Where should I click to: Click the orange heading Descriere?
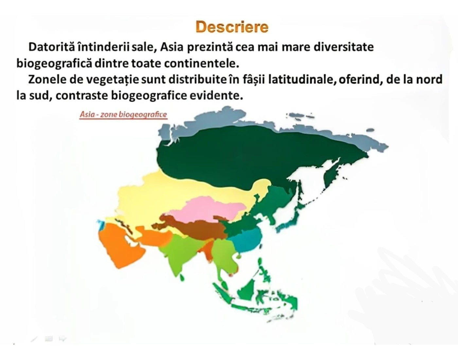[232, 27]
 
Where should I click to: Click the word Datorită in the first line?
[52, 47]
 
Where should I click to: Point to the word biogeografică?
[54, 63]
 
